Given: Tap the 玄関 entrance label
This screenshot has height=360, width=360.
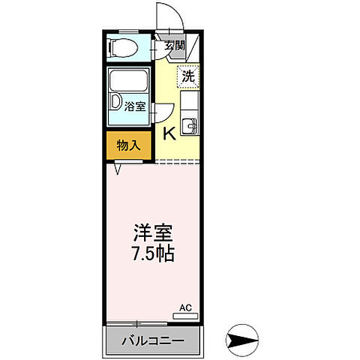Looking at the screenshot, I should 175,45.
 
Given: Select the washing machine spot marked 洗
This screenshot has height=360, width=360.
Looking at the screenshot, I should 189,76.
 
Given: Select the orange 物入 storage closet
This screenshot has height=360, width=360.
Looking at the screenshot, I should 128,145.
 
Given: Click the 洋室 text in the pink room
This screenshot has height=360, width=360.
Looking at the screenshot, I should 154,232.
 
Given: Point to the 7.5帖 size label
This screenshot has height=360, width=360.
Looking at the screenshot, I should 154,253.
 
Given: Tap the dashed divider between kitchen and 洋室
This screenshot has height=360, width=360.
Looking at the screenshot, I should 178,160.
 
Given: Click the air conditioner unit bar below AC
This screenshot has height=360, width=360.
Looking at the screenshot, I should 187,316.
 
